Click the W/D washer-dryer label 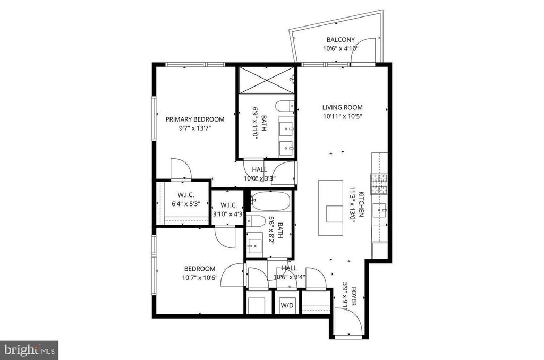pos(287,305)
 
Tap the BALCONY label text pos(341,40)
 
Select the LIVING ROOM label pos(343,107)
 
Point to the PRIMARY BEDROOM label pos(195,119)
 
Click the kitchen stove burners pos(379,184)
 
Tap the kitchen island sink pos(335,214)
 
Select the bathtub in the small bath pos(270,201)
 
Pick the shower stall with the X pos(267,80)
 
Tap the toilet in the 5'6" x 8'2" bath pos(256,220)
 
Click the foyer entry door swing pos(350,321)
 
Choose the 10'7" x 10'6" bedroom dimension pos(200,278)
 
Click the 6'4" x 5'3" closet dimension pos(186,204)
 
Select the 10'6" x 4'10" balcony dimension pos(341,49)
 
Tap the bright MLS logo pos(29,350)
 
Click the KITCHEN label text pos(361,204)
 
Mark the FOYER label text pos(354,296)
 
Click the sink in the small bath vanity pos(255,245)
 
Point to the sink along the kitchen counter pos(379,210)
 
